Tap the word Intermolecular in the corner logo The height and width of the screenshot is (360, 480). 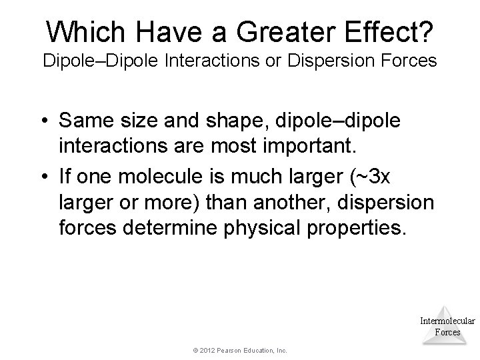click(447, 321)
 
